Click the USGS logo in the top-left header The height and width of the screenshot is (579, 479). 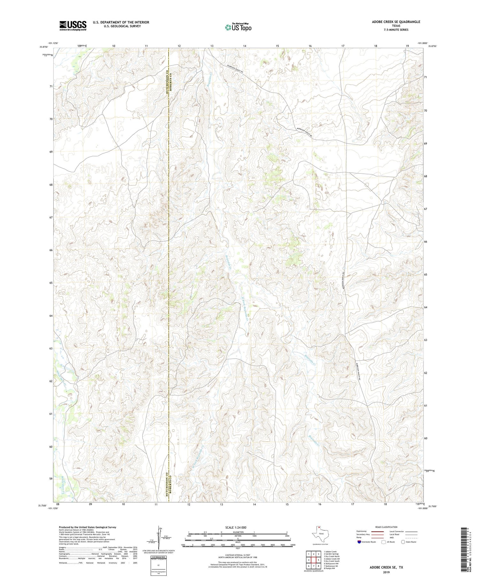pos(73,26)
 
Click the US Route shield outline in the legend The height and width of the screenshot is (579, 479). pos(384,542)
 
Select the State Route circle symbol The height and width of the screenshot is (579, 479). pos(403,542)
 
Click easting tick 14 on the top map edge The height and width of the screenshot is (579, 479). pos(245,46)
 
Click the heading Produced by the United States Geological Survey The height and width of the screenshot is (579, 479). pos(87,527)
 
